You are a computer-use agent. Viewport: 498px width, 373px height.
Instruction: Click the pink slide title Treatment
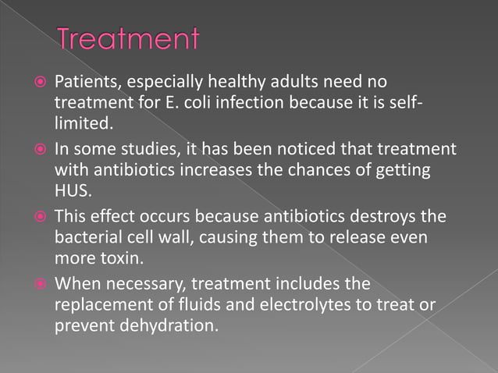129,40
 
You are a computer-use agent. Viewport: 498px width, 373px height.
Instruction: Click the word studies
133,147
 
